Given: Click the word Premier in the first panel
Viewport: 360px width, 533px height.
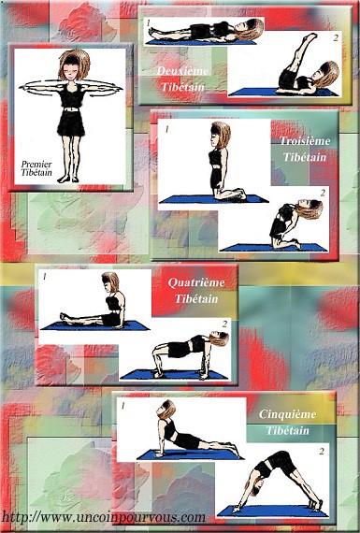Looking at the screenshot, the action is (x=36, y=165).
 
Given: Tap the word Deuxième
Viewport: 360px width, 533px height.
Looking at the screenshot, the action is (x=182, y=71).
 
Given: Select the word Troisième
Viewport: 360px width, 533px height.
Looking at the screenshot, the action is (x=305, y=140).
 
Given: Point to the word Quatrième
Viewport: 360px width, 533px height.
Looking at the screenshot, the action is (x=196, y=282).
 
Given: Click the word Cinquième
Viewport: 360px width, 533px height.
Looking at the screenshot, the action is (x=288, y=414).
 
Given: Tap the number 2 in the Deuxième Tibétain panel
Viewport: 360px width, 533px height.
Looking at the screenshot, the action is (x=336, y=38).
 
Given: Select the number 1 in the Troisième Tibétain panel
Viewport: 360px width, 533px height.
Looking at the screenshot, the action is (x=166, y=130).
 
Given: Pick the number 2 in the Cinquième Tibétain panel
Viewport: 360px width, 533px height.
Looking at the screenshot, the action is (x=322, y=452).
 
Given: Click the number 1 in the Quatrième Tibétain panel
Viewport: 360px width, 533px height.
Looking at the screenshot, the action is (x=45, y=277).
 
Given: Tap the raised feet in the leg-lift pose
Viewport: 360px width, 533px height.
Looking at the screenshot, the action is (x=310, y=36).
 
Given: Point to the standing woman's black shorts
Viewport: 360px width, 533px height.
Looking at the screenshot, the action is (x=71, y=123).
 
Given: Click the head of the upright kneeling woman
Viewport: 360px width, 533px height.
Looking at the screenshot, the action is (x=221, y=135).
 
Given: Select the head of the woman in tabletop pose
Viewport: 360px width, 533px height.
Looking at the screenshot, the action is (x=219, y=339).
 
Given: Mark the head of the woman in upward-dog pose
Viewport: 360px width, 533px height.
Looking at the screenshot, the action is (x=166, y=410).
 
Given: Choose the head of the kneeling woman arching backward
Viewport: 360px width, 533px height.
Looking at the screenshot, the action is (x=310, y=209).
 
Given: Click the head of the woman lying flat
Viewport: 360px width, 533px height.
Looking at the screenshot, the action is (x=251, y=29).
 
